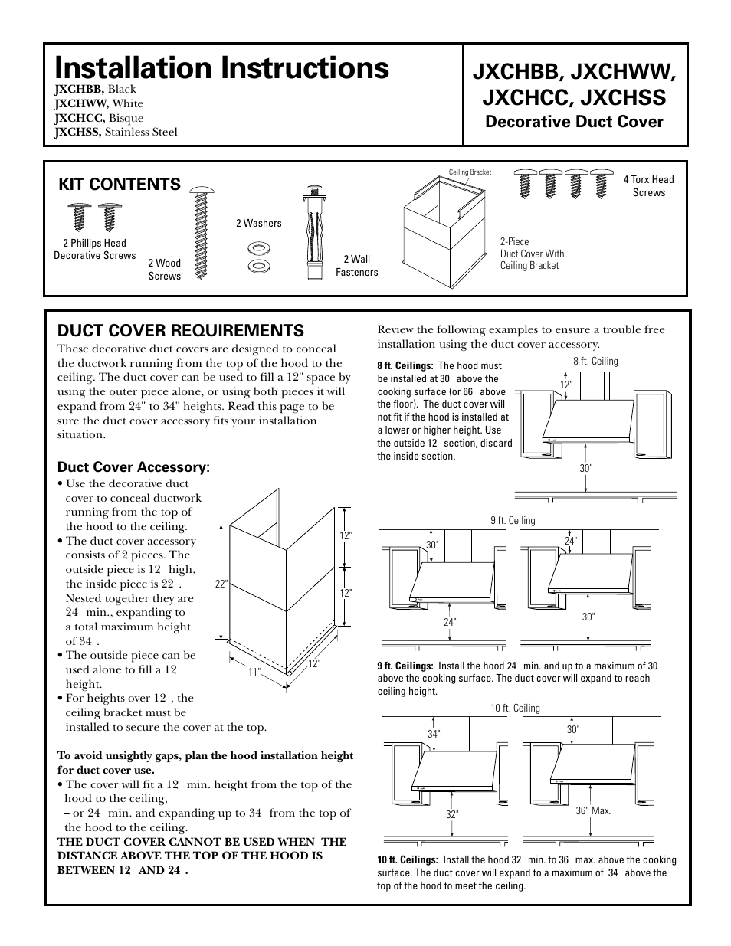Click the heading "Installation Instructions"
tap(221, 67)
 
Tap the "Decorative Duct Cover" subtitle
tap(575, 122)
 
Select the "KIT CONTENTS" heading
tap(120, 184)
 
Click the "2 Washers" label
tap(258, 223)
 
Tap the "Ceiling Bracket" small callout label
tap(470, 172)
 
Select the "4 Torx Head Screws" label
tap(648, 186)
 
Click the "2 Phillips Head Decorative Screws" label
tap(94, 250)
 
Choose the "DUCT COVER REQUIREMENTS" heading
tap(181, 330)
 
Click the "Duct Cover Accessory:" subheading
tap(133, 467)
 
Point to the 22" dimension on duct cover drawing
tap(222, 584)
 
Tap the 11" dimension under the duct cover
tap(254, 672)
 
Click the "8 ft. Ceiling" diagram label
tap(595, 361)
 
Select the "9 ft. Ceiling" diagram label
tap(513, 521)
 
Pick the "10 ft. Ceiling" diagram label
tap(515, 709)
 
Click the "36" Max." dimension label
tap(593, 810)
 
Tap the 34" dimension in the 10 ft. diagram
tap(434, 735)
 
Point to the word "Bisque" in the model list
tap(126, 118)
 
